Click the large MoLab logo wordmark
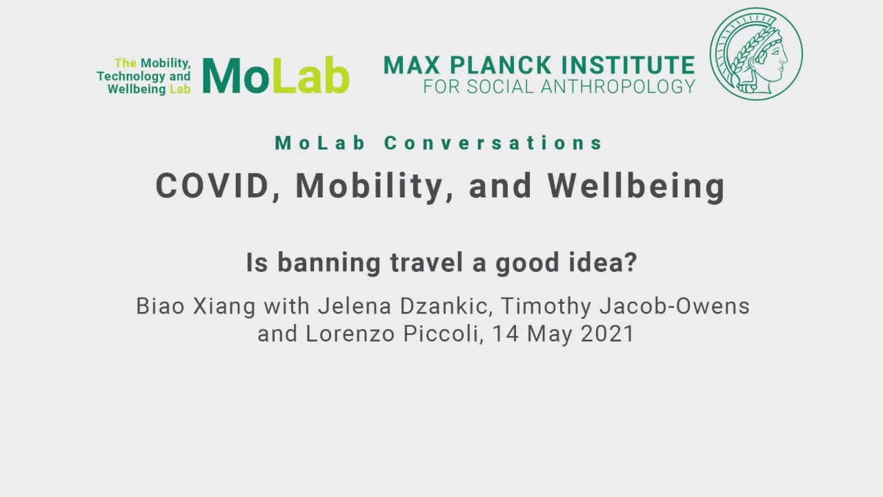[x=276, y=75]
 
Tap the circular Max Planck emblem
[x=756, y=54]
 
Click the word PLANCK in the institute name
[x=501, y=65]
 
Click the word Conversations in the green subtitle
[x=493, y=143]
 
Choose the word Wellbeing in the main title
[x=636, y=187]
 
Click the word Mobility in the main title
[x=370, y=187]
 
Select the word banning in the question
[x=329, y=264]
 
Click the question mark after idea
[x=631, y=262]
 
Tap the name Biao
[x=161, y=306]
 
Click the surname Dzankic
[x=444, y=306]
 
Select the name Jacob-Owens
[x=675, y=306]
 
